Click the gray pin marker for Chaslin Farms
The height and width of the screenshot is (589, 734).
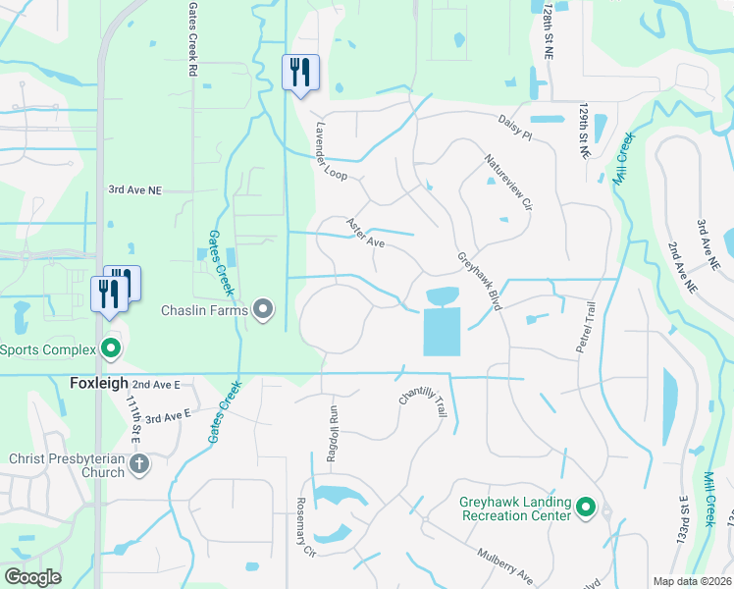point(263,310)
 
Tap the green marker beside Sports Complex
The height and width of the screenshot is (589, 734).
point(111,348)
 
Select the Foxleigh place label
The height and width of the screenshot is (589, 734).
point(98,383)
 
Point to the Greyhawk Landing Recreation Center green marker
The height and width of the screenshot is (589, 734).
point(586,507)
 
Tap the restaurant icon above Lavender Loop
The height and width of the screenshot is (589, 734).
point(300,72)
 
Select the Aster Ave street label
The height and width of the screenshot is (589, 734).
point(364,233)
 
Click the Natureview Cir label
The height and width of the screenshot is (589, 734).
point(507,184)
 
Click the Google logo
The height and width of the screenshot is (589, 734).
point(32,577)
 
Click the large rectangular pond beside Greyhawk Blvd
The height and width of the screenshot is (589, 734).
point(442,331)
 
